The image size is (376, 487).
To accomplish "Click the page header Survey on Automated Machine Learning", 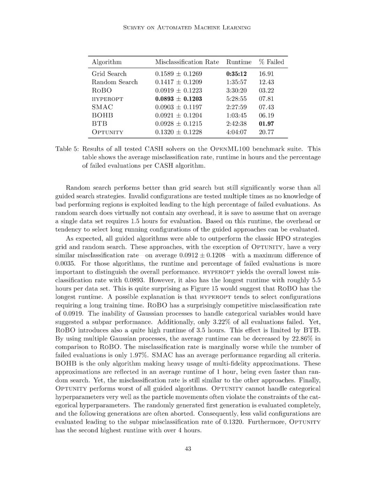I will (187, 28).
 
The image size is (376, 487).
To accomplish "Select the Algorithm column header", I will (107, 62).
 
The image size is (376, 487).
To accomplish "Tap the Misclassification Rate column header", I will (187, 62).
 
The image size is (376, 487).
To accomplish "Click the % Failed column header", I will (271, 62).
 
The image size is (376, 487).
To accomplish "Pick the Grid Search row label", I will (109, 74).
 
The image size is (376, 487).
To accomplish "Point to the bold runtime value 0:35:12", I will (236, 74).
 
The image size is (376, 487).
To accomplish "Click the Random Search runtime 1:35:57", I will (236, 82).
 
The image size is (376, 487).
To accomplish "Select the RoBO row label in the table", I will (102, 91).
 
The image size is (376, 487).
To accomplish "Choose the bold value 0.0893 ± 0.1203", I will (178, 99).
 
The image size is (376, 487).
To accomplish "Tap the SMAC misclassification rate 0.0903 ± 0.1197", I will (178, 107).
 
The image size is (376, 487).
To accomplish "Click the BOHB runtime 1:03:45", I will (236, 115).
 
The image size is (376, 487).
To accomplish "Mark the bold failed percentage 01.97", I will (266, 124).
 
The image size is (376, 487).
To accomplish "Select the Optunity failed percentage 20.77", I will (266, 132).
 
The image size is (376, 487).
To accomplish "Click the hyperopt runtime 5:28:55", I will (236, 99).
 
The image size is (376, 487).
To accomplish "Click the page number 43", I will (188, 449).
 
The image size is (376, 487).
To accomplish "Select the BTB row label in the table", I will (99, 124).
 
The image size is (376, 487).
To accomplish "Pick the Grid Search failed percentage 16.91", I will (266, 74).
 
